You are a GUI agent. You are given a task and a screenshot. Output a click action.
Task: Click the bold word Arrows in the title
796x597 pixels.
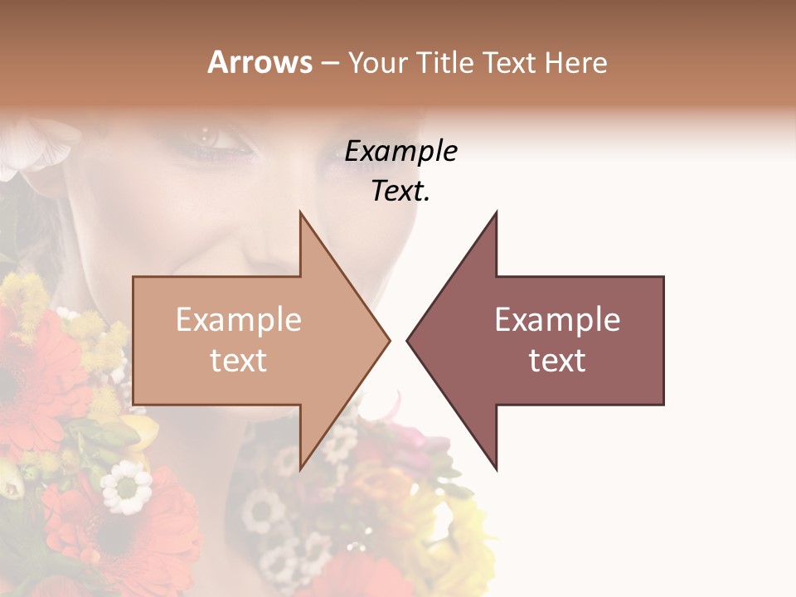tap(260, 62)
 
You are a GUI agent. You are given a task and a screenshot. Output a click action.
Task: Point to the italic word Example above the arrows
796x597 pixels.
tap(400, 152)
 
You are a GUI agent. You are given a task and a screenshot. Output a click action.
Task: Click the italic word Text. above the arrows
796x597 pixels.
tap(400, 192)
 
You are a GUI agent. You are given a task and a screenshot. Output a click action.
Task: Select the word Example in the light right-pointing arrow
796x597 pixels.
tap(238, 320)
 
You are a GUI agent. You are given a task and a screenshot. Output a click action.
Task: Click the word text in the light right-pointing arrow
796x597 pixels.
tap(238, 361)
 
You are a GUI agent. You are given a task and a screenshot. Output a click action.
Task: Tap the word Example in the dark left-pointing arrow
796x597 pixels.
tap(557, 320)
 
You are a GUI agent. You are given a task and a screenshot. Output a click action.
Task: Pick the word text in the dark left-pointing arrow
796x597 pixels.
tap(557, 361)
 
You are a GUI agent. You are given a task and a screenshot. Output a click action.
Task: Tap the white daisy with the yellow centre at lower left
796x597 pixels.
tap(126, 487)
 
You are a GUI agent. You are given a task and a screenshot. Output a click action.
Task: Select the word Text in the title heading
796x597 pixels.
tap(508, 62)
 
